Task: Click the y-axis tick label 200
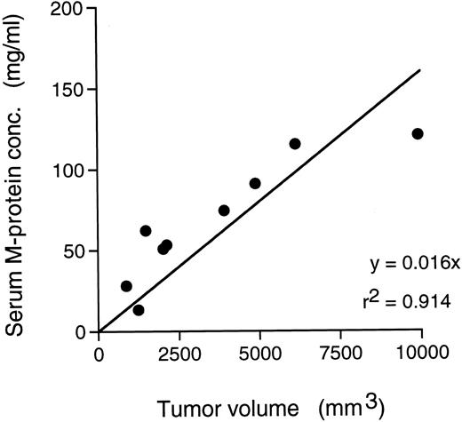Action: point(74,10)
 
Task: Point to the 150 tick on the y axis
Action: point(74,90)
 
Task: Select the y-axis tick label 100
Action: point(74,171)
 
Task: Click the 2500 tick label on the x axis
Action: point(179,353)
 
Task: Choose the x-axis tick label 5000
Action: point(260,353)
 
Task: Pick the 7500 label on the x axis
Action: point(341,353)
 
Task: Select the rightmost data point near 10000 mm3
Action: point(418,133)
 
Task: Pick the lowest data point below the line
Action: point(139,310)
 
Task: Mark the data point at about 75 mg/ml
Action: point(224,211)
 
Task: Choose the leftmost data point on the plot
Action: point(126,286)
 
